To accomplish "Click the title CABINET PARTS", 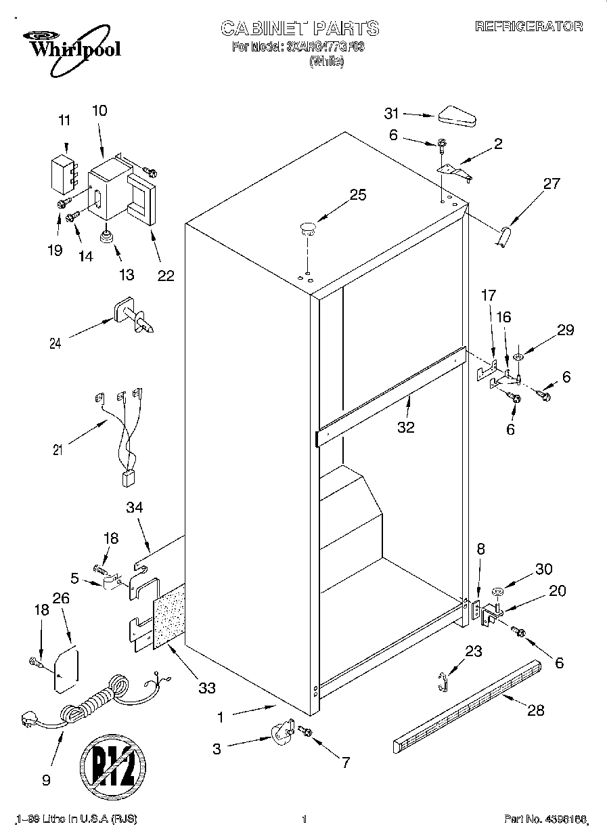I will click(300, 28).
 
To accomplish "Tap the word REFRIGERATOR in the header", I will click(528, 26).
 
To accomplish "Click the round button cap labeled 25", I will click(309, 228).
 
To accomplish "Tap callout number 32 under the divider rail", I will click(406, 427).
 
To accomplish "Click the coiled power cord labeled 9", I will click(91, 704).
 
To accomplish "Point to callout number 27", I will click(552, 184).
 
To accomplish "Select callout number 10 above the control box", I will click(99, 111).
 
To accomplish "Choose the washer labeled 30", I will click(497, 593).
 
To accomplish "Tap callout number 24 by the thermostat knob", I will click(55, 343).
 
